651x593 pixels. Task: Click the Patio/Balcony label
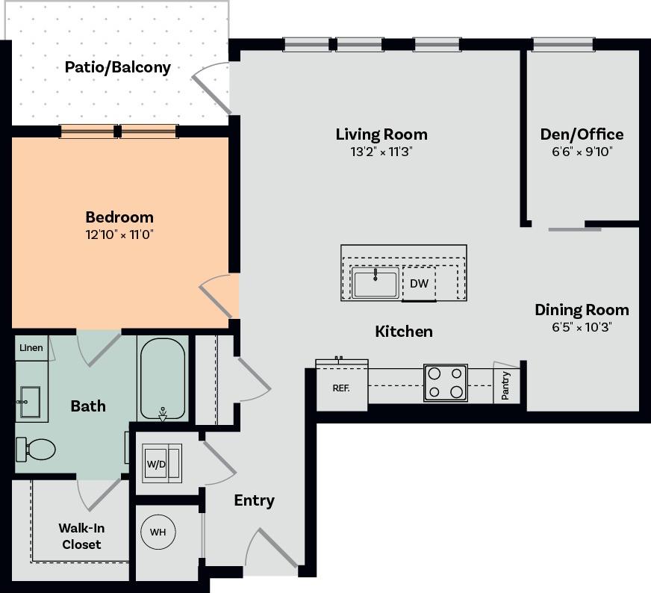click(118, 67)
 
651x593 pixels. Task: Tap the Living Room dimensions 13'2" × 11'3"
click(381, 152)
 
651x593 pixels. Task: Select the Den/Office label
click(582, 134)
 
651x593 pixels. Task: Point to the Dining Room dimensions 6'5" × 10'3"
click(582, 327)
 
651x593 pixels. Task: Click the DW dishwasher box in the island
click(419, 284)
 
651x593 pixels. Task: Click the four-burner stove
click(446, 382)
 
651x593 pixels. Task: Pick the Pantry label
click(505, 385)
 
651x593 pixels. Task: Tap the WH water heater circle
click(158, 533)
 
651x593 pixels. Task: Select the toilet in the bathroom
click(37, 449)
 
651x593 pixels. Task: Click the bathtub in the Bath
click(162, 379)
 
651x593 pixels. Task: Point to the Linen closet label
click(31, 348)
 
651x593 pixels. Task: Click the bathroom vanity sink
click(31, 403)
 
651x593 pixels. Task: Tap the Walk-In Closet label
click(81, 536)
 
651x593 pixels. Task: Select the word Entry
click(254, 500)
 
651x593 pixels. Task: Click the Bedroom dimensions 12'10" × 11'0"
click(119, 235)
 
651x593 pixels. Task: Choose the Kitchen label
click(403, 331)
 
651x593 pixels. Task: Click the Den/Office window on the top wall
click(563, 44)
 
